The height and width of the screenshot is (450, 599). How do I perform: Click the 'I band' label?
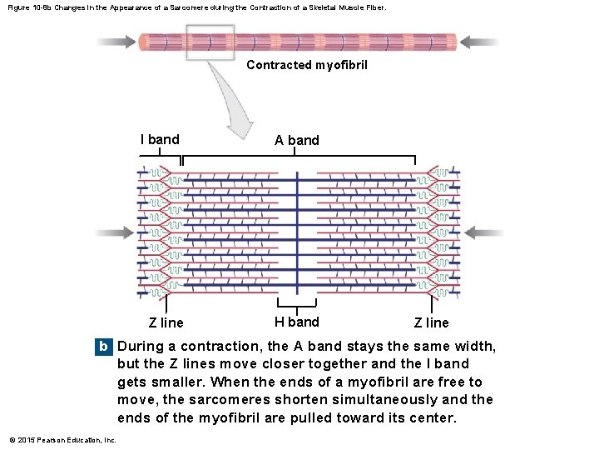(159, 139)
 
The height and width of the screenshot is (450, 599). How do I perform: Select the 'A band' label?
(297, 140)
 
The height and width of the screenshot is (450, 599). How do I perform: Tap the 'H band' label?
(297, 322)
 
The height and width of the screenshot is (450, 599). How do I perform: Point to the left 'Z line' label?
(166, 322)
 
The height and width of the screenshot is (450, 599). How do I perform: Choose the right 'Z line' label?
(431, 322)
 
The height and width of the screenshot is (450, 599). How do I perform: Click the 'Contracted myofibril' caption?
(307, 65)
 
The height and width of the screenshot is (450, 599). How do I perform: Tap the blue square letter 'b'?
(103, 346)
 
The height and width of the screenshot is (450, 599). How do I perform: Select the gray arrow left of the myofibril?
(116, 41)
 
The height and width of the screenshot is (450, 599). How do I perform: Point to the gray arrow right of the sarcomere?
(483, 232)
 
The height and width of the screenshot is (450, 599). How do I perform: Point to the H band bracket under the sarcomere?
(297, 305)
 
